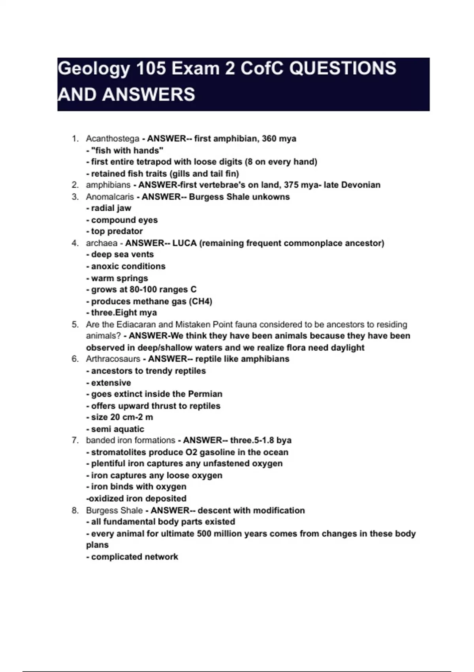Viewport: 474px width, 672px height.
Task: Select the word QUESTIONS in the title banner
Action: pos(342,68)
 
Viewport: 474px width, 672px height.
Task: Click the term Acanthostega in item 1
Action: pos(113,139)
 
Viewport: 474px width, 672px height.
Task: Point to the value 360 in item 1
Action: pos(269,139)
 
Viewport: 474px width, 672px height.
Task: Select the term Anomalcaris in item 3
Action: pos(110,197)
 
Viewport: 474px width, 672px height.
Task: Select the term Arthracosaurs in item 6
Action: pos(113,359)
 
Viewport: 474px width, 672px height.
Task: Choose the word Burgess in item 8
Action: pos(101,510)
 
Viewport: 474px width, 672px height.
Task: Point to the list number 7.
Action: pos(75,440)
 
